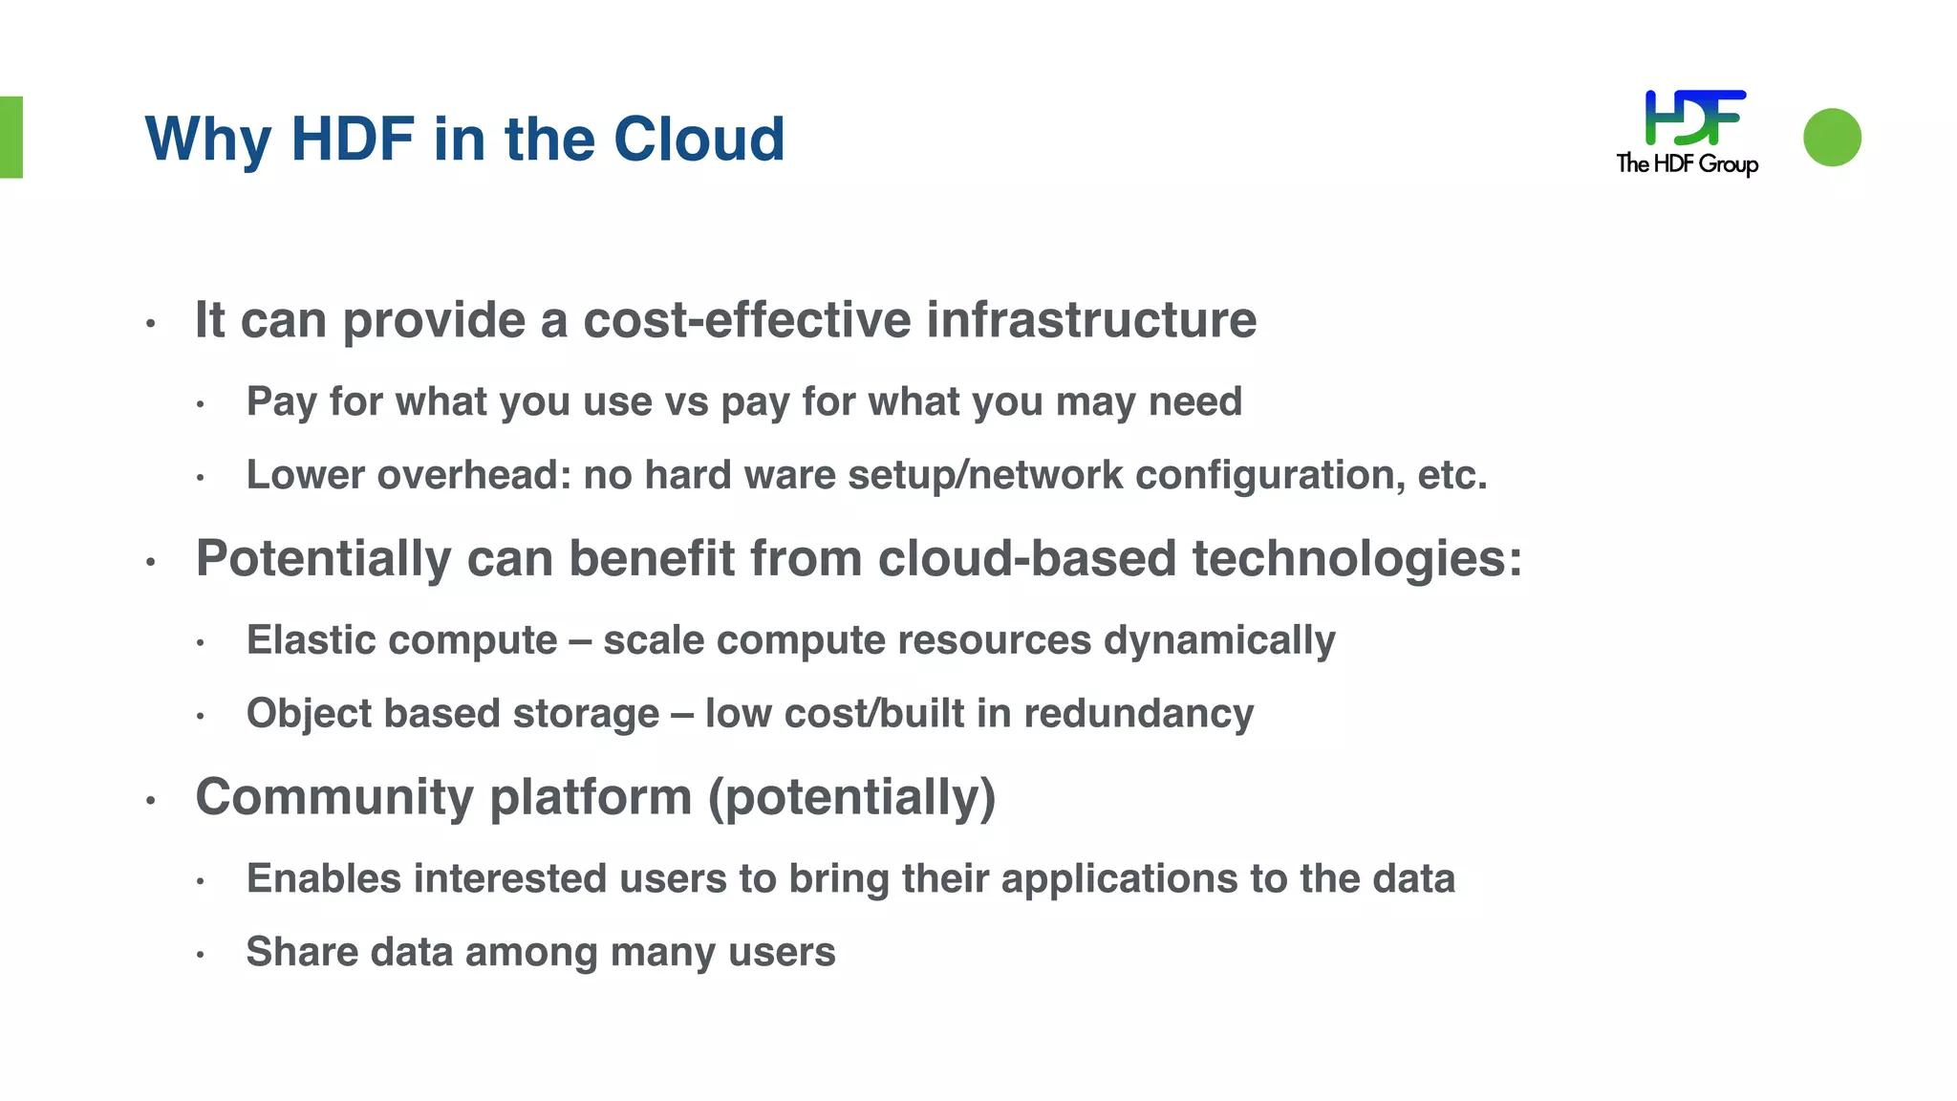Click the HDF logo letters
pos(1694,118)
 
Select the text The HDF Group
pos(1687,164)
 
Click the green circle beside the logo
pos(1832,138)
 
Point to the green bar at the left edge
pos(11,137)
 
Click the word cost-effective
pos(746,319)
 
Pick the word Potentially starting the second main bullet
pos(323,558)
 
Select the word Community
pos(334,797)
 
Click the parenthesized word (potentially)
pos(851,797)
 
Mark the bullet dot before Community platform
pos(150,800)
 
